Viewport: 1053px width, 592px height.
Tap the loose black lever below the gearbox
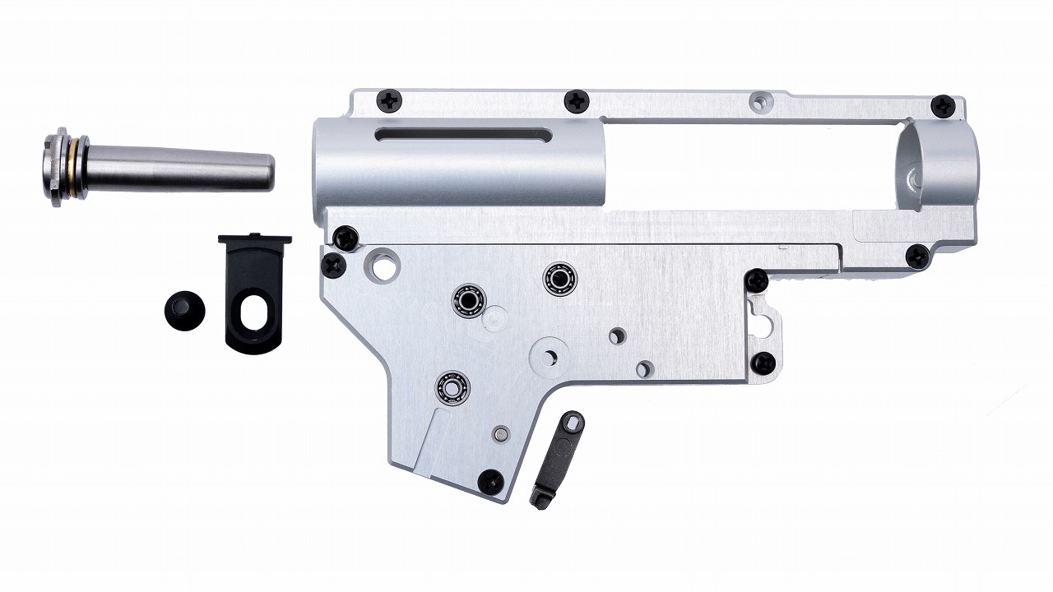click(x=557, y=459)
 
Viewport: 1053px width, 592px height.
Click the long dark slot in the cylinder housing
click(x=463, y=134)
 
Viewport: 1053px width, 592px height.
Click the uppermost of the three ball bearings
click(x=559, y=278)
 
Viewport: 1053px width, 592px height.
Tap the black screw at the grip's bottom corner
click(x=490, y=481)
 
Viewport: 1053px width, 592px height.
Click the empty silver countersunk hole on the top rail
click(x=758, y=103)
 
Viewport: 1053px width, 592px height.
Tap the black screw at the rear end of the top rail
click(x=942, y=105)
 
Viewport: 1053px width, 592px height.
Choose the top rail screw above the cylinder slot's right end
click(x=576, y=101)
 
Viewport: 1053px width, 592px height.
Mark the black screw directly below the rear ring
click(x=917, y=257)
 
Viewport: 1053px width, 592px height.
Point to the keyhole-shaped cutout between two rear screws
click(x=763, y=321)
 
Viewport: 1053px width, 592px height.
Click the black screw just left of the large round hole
click(x=333, y=264)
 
